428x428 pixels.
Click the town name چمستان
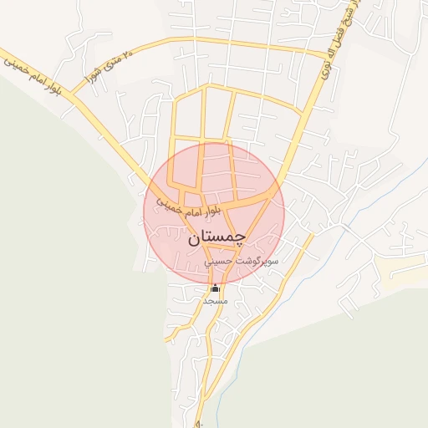214,238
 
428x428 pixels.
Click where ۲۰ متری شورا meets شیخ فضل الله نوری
327,55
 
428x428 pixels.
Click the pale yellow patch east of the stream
401,267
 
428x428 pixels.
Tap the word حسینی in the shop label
220,262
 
